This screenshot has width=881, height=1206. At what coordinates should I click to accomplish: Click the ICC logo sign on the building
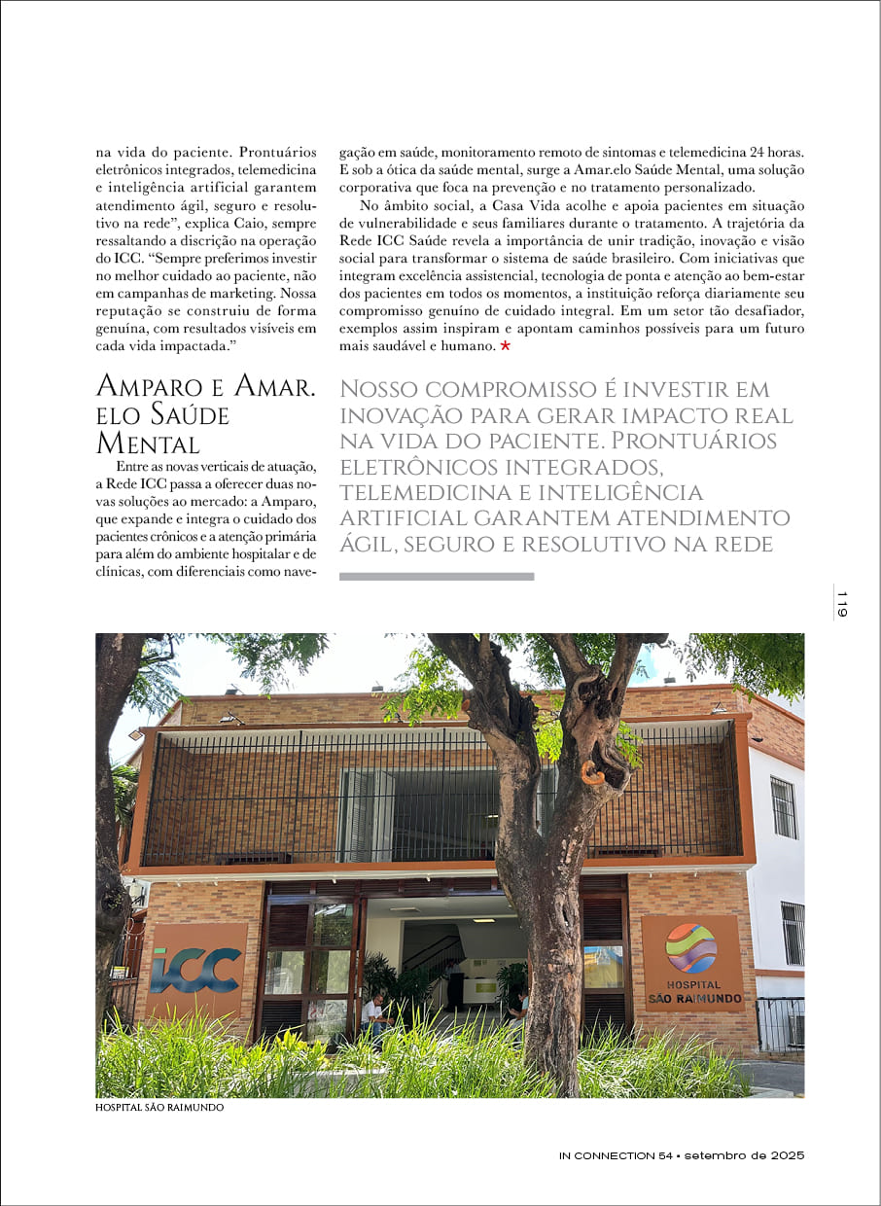pyautogui.click(x=196, y=969)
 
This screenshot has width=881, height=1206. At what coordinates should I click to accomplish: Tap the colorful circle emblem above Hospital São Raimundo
pyautogui.click(x=691, y=947)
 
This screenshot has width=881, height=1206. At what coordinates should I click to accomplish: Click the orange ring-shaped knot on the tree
pyautogui.click(x=591, y=773)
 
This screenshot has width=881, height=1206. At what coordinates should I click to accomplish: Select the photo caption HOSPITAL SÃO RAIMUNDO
pyautogui.click(x=159, y=1107)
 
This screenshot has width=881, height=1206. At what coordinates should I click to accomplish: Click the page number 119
pyautogui.click(x=842, y=603)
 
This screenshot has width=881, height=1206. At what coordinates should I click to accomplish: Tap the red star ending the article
pyautogui.click(x=505, y=346)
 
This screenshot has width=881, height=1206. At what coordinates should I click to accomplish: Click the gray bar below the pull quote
pyautogui.click(x=437, y=577)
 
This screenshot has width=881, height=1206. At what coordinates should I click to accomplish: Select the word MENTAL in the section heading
pyautogui.click(x=148, y=444)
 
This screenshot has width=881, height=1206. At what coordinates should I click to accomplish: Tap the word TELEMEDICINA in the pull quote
pyautogui.click(x=441, y=493)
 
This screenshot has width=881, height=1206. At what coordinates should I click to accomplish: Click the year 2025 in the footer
pyautogui.click(x=784, y=1155)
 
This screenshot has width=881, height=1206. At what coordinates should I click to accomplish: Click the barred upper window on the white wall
pyautogui.click(x=784, y=807)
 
